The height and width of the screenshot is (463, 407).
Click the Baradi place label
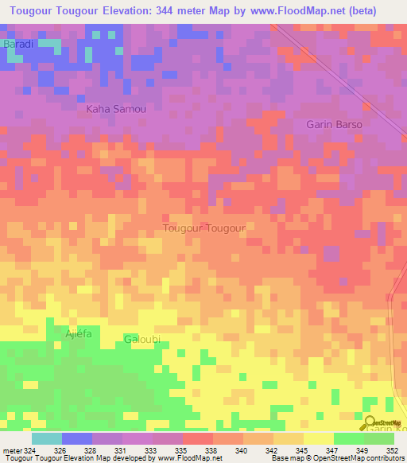pos(18,45)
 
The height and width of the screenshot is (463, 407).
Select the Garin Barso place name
pos(334,125)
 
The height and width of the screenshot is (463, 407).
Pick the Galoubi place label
pos(143,340)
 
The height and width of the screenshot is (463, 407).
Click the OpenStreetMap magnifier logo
pos(370,422)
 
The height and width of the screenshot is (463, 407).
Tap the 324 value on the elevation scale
pos(29,449)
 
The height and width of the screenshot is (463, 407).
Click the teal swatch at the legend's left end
pos(47,438)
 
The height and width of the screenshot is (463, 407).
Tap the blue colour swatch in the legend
pos(77,438)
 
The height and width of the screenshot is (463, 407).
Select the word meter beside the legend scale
pos(10,449)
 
